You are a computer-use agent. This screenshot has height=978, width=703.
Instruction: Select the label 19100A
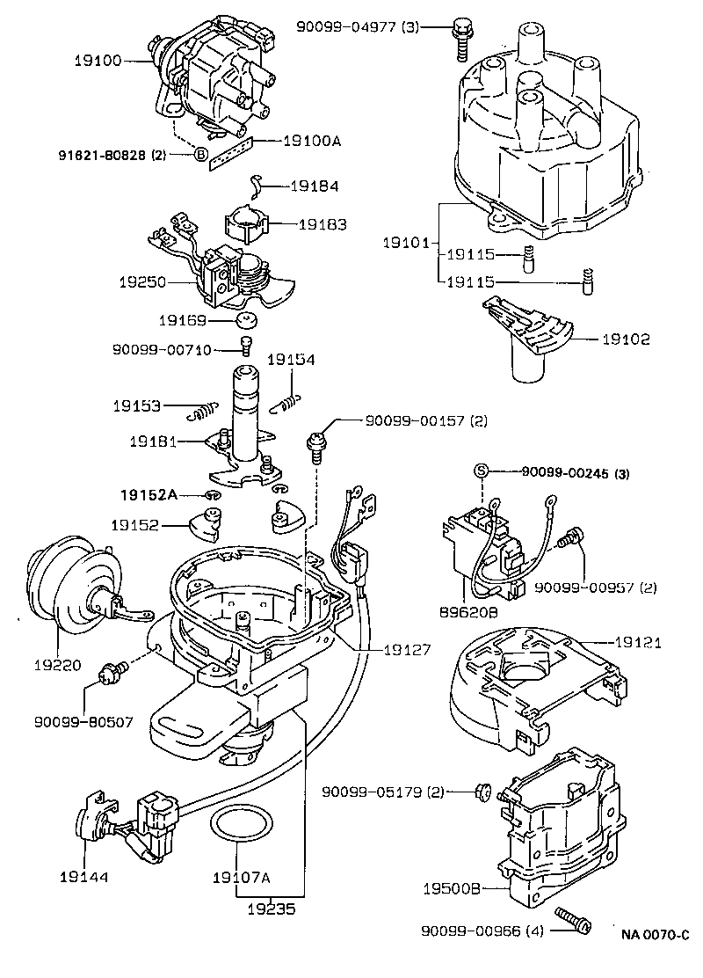click(x=312, y=140)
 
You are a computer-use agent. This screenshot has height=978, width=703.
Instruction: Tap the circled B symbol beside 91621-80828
click(x=200, y=155)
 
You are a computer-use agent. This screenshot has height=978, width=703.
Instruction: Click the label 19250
click(x=141, y=283)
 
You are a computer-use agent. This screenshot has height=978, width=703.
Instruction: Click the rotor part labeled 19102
click(x=527, y=343)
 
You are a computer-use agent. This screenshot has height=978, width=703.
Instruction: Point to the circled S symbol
click(x=481, y=472)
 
